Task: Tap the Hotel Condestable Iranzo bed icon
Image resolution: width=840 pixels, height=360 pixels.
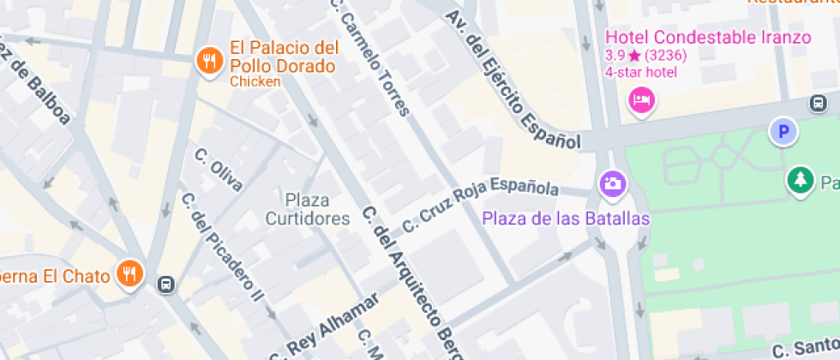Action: (642, 100)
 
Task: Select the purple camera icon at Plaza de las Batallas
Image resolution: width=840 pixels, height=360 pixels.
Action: (612, 183)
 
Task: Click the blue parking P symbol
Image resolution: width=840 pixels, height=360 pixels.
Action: (783, 132)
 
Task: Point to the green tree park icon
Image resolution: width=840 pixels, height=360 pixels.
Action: (800, 180)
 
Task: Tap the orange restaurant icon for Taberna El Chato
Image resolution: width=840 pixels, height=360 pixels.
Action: (130, 274)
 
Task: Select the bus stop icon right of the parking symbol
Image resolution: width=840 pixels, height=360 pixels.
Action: (819, 104)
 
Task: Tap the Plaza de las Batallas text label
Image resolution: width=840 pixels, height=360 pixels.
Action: (565, 219)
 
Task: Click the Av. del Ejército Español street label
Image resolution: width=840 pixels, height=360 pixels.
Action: (513, 81)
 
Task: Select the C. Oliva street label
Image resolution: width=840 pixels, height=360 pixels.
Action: (219, 170)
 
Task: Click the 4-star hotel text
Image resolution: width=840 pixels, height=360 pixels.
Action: (640, 72)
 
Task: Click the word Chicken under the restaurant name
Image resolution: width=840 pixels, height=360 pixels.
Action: (255, 81)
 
